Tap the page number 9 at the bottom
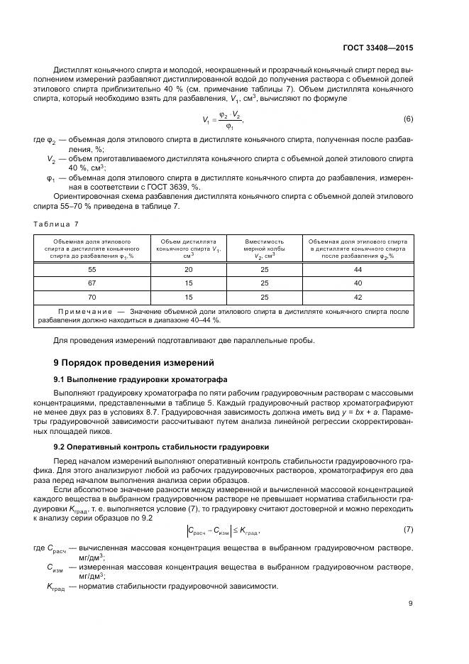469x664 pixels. [x=410, y=604]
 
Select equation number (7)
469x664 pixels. [x=408, y=530]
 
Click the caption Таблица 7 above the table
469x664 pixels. [x=56, y=224]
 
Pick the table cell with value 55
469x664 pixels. [x=92, y=270]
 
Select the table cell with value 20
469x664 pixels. [x=188, y=270]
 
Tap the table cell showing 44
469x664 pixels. [x=358, y=270]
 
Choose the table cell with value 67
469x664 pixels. [x=92, y=283]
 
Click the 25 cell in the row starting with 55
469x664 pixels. [x=264, y=270]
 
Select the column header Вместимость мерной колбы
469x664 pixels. [x=264, y=249]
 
